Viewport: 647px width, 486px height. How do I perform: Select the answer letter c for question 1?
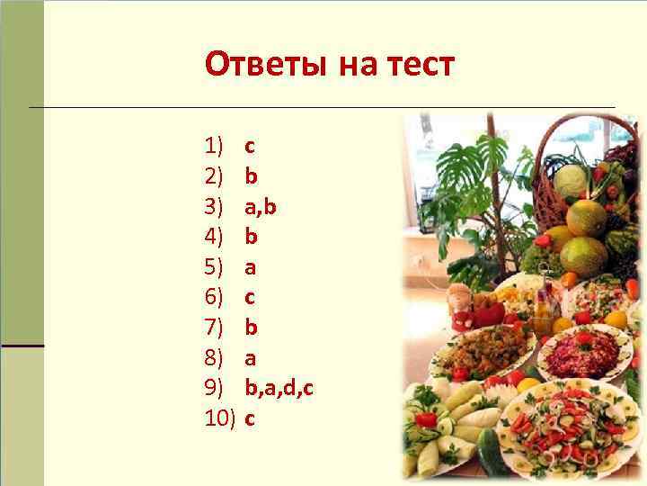[250, 145]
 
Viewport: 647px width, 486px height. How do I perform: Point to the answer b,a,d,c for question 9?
[279, 388]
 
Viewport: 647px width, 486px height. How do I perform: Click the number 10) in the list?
[220, 418]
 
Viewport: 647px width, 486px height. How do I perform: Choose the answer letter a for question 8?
[251, 358]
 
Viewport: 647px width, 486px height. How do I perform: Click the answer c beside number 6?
[250, 297]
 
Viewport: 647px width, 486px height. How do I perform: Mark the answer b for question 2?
[251, 175]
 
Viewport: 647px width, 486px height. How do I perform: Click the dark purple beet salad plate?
[583, 350]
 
